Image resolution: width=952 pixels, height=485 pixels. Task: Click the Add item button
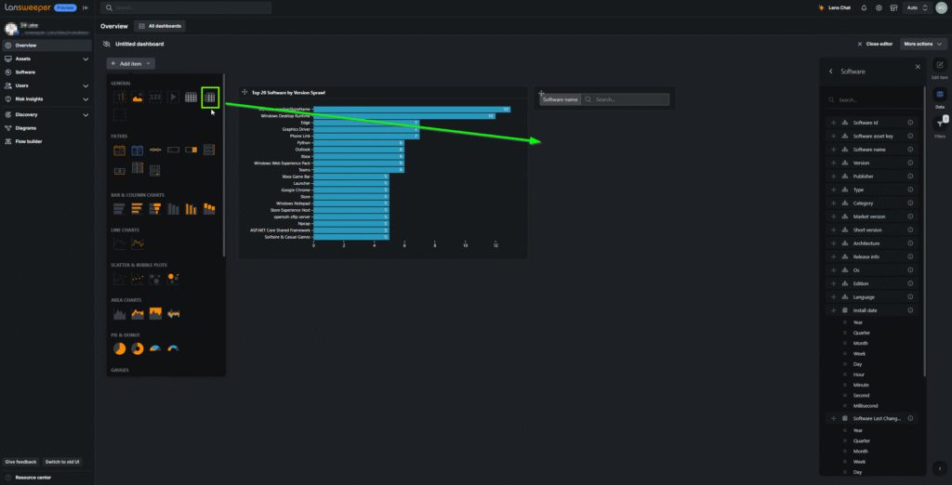point(130,64)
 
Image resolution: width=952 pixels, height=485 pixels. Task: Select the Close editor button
point(875,44)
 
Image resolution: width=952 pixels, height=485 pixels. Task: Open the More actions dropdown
point(920,44)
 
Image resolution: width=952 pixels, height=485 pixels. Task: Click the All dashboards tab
point(160,26)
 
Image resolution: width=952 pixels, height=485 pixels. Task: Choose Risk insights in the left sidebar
point(29,98)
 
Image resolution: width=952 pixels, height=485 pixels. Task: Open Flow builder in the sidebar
point(30,142)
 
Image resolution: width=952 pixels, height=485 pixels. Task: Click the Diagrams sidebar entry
point(25,128)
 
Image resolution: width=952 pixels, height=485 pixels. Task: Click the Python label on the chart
point(304,142)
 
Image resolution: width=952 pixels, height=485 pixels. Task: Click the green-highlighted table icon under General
point(211,97)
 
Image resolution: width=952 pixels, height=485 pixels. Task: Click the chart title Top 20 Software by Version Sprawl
point(288,93)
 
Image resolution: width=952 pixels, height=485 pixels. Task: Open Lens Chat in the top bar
point(810,7)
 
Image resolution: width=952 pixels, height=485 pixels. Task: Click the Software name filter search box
point(628,99)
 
